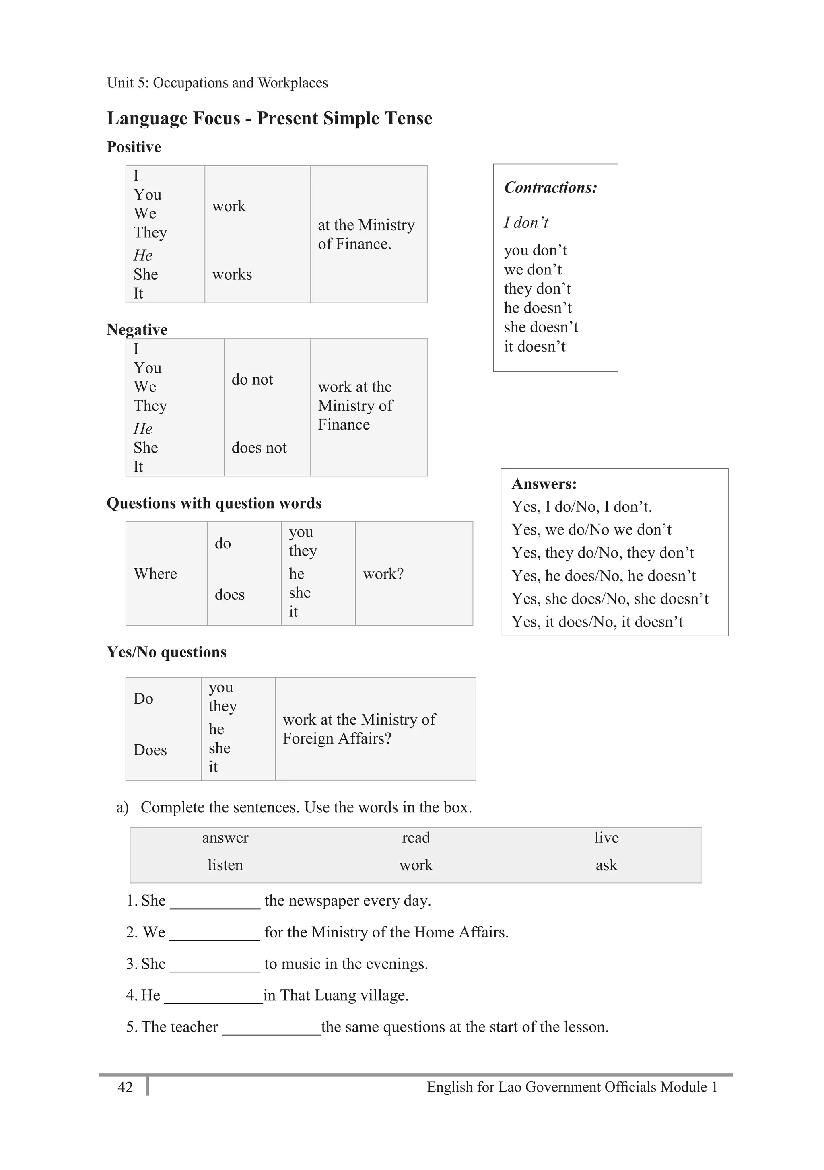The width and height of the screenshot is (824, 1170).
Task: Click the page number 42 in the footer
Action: [125, 1087]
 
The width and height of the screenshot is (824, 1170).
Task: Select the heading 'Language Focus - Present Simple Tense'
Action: [269, 118]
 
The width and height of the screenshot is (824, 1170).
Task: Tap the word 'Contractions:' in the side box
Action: [550, 187]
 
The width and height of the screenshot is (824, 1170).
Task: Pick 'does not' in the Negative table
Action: [259, 448]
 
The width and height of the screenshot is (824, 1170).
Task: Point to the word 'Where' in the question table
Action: [155, 574]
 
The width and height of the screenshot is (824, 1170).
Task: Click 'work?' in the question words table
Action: [383, 574]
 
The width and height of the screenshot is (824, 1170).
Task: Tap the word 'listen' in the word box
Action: [225, 865]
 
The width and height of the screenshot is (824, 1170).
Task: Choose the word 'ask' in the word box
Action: [606, 865]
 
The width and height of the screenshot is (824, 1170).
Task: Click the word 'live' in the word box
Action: [606, 838]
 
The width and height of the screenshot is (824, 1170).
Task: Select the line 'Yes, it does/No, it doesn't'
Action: [597, 622]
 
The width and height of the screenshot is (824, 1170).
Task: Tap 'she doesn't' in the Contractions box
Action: [541, 327]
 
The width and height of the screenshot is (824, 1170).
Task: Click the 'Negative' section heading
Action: [137, 330]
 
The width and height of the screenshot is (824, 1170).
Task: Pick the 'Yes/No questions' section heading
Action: [167, 652]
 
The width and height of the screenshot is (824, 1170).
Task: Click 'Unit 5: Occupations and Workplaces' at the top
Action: [218, 82]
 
